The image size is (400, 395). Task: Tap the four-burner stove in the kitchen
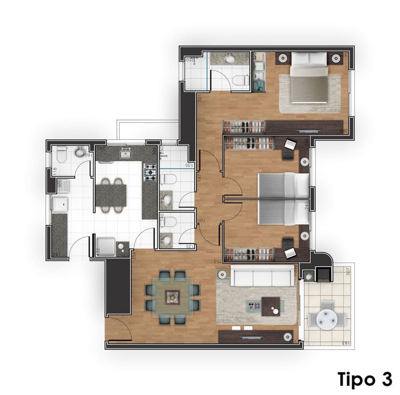pyautogui.click(x=150, y=172)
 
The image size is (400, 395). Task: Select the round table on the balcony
pyautogui.click(x=327, y=319)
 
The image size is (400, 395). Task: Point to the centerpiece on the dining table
pyautogui.click(x=171, y=296)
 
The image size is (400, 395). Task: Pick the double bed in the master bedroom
pyautogui.click(x=309, y=79)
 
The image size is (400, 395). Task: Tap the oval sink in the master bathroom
pyautogui.click(x=230, y=59)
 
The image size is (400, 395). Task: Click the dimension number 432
pyautogui.click(x=98, y=252)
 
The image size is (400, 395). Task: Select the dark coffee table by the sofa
pyautogui.click(x=273, y=306)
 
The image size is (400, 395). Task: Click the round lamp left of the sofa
pyautogui.click(x=222, y=275)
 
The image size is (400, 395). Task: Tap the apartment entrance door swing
pyautogui.click(x=120, y=328)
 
